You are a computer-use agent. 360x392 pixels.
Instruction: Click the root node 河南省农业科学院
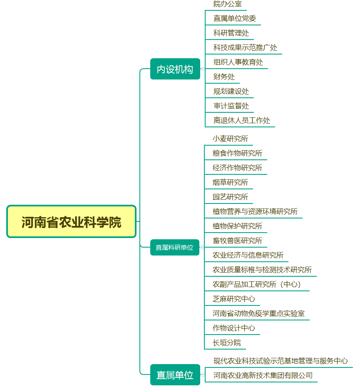point(72,221)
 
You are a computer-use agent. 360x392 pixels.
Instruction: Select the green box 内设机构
point(175,69)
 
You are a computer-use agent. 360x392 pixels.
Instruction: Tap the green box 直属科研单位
point(175,248)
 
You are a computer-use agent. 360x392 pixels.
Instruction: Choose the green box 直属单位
point(175,375)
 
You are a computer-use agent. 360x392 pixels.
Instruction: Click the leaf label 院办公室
point(228,4)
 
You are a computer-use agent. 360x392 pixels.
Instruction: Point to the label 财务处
point(224,77)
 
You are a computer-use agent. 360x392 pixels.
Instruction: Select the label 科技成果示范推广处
point(245,47)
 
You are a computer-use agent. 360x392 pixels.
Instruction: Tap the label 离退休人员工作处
point(242,121)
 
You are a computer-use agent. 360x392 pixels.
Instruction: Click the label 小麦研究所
point(230,139)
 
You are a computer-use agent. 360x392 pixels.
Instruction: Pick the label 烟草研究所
point(230,182)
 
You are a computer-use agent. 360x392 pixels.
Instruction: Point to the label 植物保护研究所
point(237,226)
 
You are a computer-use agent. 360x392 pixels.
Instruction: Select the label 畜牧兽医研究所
point(237,241)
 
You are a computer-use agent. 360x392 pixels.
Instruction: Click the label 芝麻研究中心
point(234,299)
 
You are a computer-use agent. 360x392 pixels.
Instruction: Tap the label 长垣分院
point(227,343)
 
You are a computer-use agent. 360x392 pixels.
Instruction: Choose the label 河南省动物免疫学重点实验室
point(258,313)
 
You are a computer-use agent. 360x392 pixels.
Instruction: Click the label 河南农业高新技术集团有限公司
point(263,375)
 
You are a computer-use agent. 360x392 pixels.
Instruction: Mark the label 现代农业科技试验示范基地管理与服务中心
point(281,361)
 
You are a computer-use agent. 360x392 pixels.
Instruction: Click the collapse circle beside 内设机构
point(203,69)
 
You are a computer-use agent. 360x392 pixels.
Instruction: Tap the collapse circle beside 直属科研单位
point(202,247)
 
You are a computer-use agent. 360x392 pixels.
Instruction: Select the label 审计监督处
point(231,106)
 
